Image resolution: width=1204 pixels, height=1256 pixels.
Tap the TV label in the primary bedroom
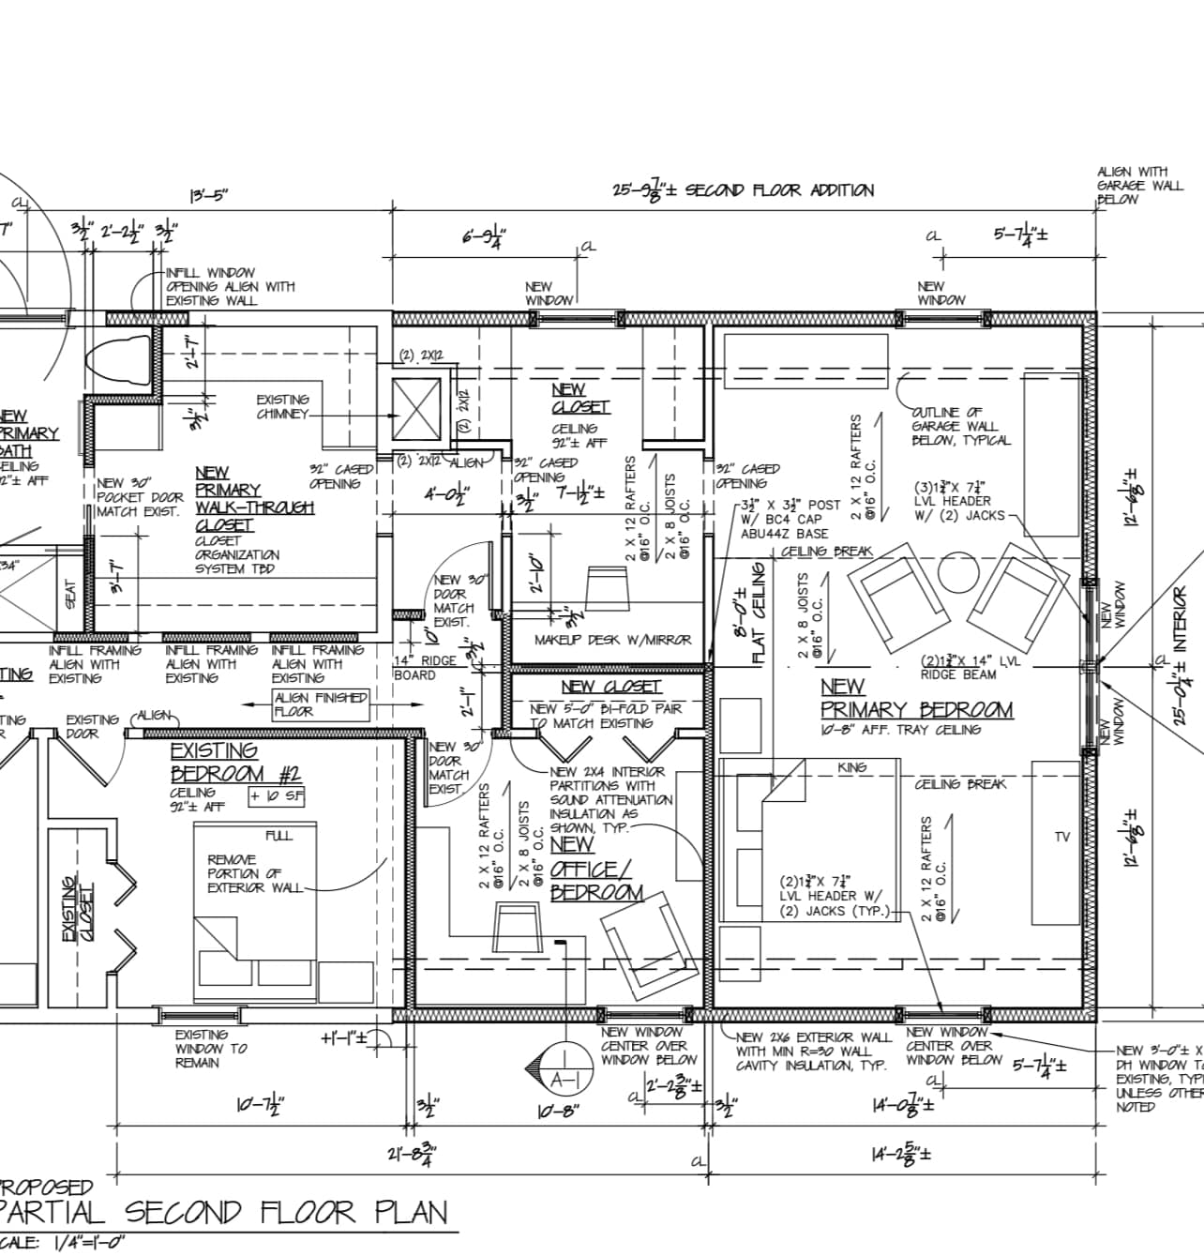coord(1061,837)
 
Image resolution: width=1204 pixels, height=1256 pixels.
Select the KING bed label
coord(851,767)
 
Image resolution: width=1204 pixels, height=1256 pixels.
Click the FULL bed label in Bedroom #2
coord(278,835)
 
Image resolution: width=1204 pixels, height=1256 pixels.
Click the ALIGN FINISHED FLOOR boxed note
coord(321,704)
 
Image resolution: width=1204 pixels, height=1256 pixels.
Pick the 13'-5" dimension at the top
coord(208,196)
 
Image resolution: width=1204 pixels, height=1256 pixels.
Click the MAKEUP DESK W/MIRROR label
coord(612,640)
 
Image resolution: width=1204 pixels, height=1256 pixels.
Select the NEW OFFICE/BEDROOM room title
coord(596,869)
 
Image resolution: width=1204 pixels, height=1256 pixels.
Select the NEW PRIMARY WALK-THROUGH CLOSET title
coord(253,498)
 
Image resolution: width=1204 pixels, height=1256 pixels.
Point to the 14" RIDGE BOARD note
coord(425,667)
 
